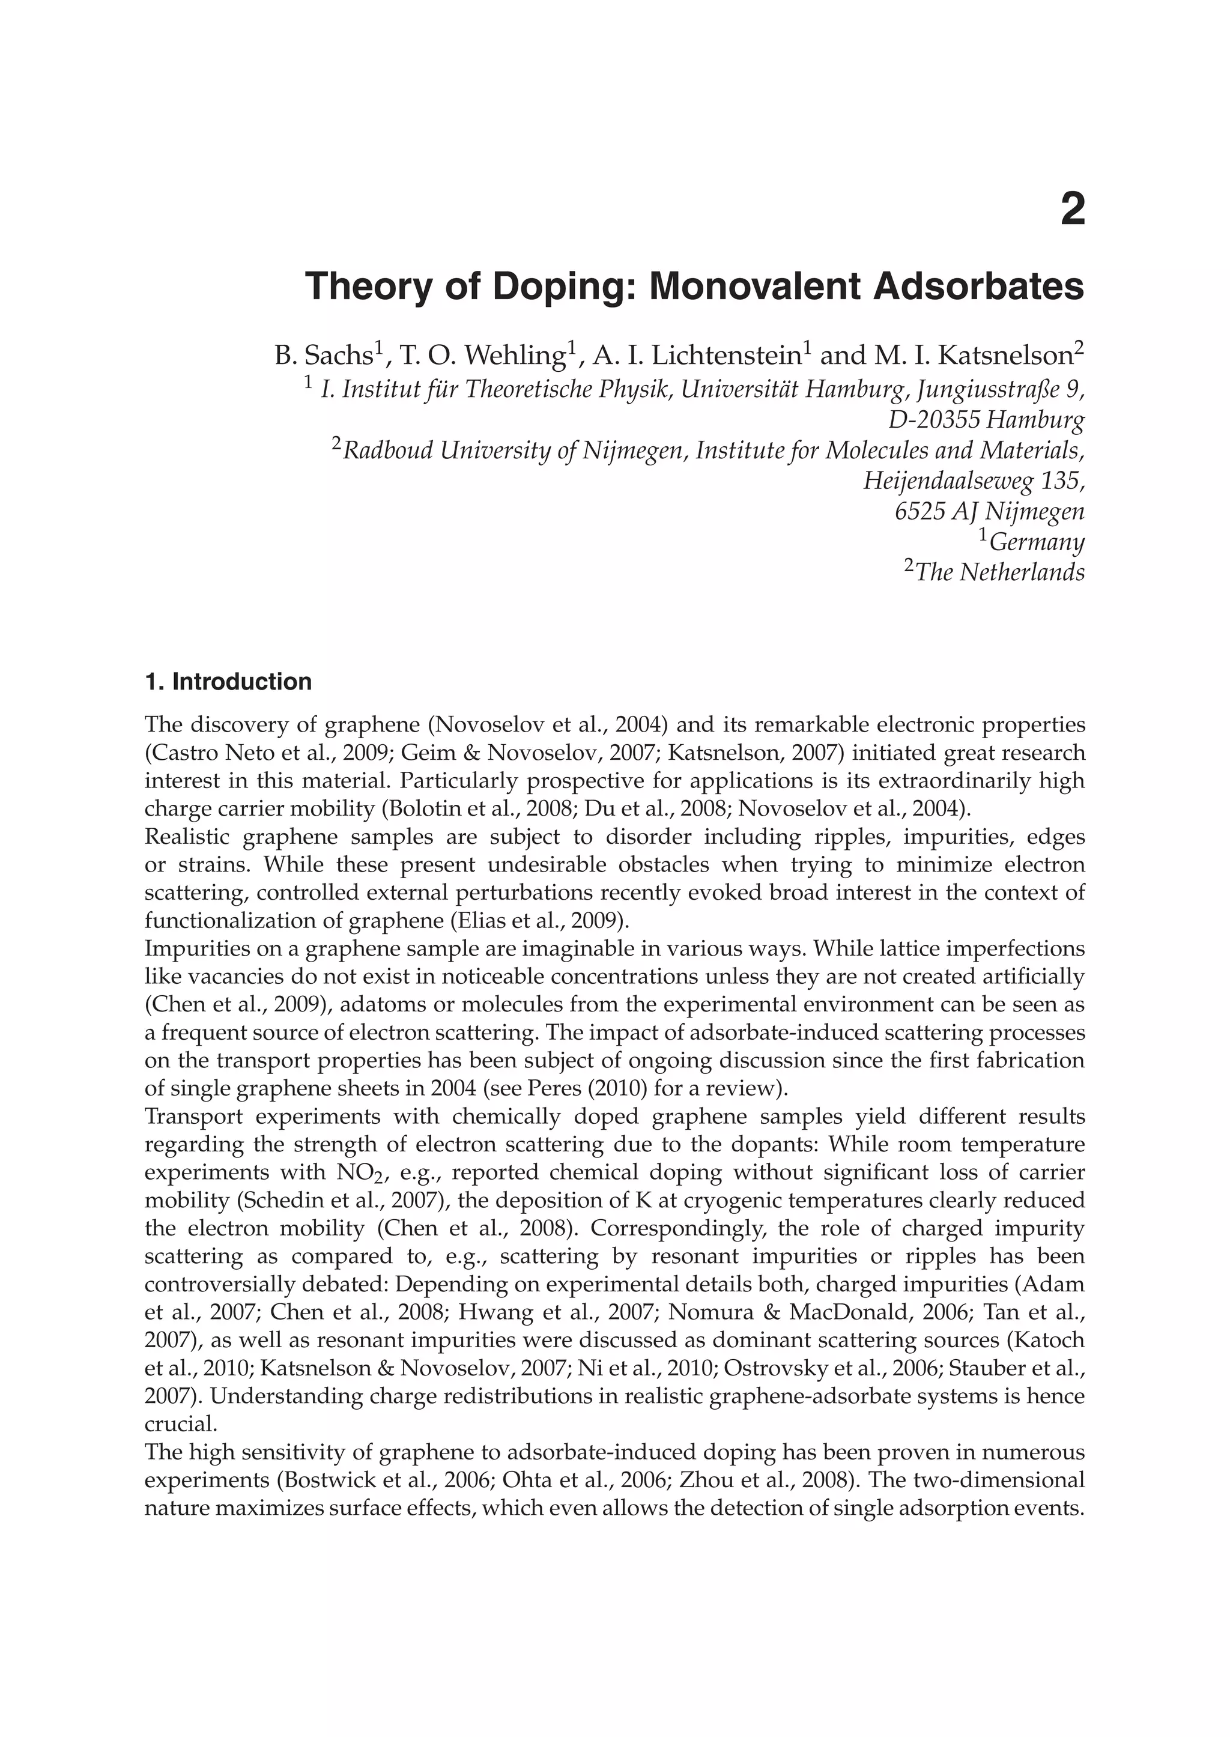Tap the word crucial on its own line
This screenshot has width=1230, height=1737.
click(x=180, y=1425)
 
